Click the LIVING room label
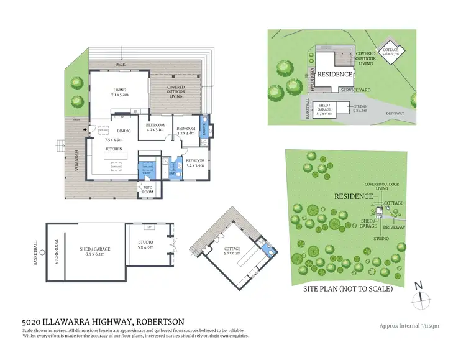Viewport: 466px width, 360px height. click(119, 90)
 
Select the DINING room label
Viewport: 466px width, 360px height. click(124, 131)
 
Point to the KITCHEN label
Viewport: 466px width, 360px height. click(114, 149)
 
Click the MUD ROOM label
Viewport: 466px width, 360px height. click(147, 190)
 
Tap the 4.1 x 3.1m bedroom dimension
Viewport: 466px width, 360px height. click(155, 129)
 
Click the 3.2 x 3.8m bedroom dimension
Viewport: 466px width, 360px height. click(186, 132)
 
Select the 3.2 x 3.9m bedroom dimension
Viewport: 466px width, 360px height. click(195, 166)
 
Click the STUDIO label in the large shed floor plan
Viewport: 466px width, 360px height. click(145, 242)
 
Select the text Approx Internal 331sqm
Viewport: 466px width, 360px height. click(409, 325)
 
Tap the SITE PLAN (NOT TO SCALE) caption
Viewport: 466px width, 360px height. click(347, 289)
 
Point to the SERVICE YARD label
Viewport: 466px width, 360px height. click(356, 90)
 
